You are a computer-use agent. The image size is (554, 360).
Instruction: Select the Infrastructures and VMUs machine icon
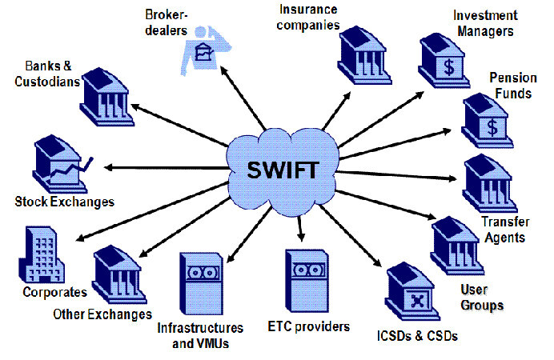202,286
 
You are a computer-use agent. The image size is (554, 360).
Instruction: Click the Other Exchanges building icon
118,273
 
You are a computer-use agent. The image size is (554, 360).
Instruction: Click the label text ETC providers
308,327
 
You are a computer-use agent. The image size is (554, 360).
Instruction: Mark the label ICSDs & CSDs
418,336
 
